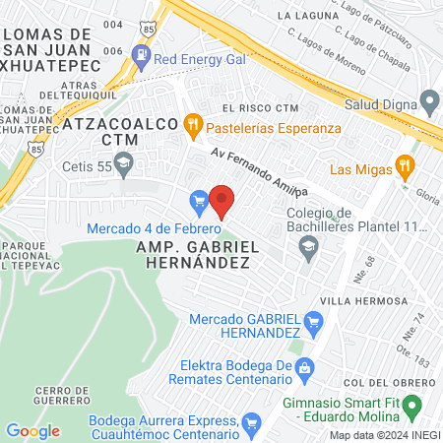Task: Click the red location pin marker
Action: coord(221,201)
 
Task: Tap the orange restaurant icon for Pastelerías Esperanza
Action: coord(193,125)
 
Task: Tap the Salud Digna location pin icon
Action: coord(429,102)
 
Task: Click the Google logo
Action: coord(32,430)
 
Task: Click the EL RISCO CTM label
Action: coord(260,108)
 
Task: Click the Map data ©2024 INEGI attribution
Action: coord(384,435)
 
